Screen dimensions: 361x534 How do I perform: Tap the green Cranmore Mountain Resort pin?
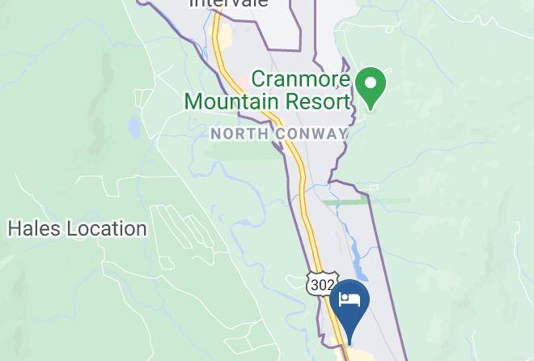[371, 87]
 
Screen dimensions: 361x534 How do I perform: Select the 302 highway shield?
[321, 285]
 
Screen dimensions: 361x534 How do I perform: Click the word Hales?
[35, 229]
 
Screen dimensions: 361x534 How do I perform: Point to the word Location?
[108, 229]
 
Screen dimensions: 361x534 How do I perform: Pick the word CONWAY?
[310, 134]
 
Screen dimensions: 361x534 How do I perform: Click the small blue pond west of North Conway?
[133, 127]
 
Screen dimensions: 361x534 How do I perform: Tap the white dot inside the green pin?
[371, 83]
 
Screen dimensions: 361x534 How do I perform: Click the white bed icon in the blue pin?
[350, 299]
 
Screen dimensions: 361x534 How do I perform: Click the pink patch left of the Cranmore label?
[241, 82]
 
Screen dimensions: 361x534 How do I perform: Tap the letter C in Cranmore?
[258, 80]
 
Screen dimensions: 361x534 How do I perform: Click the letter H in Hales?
[14, 229]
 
